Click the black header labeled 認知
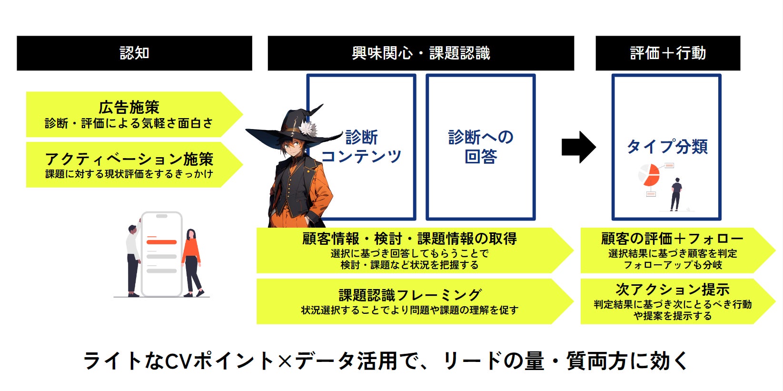pyautogui.click(x=134, y=53)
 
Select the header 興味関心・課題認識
pyautogui.click(x=421, y=53)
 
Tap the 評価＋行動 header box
pyautogui.click(x=667, y=53)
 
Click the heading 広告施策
pyautogui.click(x=129, y=107)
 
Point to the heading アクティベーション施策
pyautogui.click(x=129, y=159)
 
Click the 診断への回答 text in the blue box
pyautogui.click(x=481, y=146)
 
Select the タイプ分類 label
pyautogui.click(x=667, y=146)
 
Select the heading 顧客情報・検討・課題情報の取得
pyautogui.click(x=409, y=239)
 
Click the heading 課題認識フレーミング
pyautogui.click(x=410, y=295)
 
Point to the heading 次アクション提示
pyautogui.click(x=672, y=290)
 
